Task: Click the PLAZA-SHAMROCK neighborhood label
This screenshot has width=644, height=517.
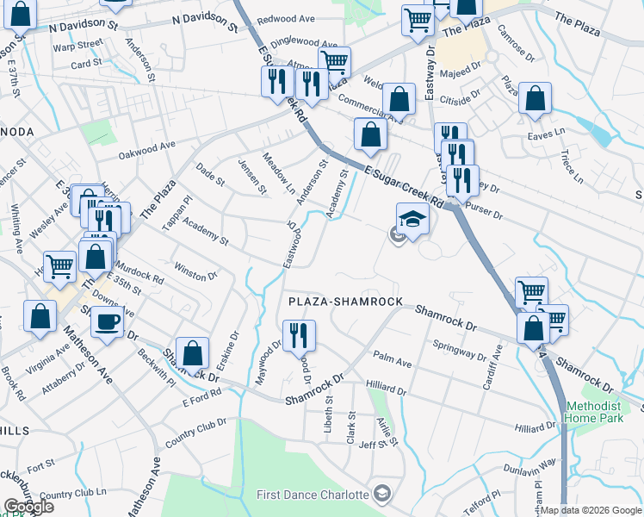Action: click(x=345, y=302)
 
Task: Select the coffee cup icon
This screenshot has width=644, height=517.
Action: click(x=107, y=322)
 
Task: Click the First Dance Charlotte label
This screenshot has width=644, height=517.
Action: click(x=314, y=495)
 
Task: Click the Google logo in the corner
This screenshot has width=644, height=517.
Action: click(x=28, y=507)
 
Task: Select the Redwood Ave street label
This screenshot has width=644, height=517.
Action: click(x=287, y=18)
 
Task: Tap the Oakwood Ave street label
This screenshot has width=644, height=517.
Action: click(x=147, y=150)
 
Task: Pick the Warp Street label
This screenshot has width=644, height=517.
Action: click(x=77, y=44)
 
